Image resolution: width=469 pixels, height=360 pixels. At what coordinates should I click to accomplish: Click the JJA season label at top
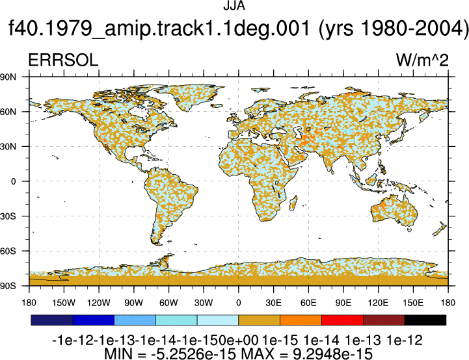pos(234,6)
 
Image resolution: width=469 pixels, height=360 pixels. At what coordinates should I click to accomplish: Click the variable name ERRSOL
pos(63,60)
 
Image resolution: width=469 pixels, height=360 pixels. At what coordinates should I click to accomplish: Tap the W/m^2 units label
pos(422,60)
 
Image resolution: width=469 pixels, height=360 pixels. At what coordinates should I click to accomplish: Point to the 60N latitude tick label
pos(8,112)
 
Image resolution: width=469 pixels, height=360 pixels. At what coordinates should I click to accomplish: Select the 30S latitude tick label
pos(8,216)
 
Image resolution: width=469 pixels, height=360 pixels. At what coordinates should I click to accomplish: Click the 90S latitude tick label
pos(8,286)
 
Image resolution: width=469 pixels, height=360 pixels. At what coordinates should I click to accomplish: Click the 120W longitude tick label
pos(99,303)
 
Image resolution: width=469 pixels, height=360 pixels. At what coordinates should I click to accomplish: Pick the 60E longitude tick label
pos(308,303)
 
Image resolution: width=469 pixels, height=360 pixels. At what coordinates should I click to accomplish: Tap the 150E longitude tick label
pos(413,303)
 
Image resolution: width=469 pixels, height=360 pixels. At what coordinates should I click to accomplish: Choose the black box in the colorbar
pos(425,320)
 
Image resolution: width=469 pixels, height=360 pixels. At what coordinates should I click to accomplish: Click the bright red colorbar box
pos(342,320)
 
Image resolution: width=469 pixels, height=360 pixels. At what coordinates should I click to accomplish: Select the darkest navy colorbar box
pos(52,320)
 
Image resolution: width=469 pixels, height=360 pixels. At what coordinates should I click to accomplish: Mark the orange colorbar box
pos(301,320)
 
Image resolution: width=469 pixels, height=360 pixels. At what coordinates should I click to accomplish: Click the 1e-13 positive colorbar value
pos(363,341)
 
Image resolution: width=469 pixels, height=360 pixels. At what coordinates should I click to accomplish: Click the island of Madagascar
pos(293,203)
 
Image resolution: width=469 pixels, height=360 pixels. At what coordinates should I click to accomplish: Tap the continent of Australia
pos(394,210)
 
